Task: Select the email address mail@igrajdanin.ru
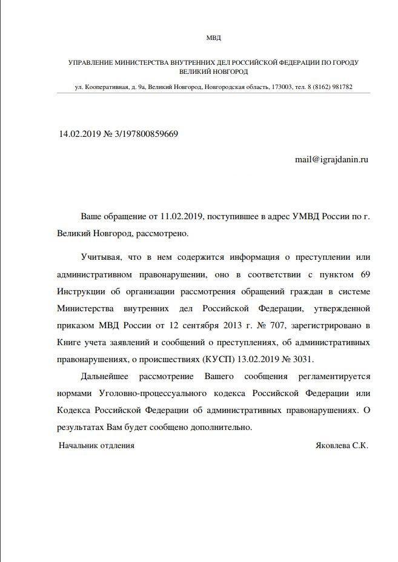click(x=331, y=159)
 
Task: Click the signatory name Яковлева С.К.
click(x=342, y=445)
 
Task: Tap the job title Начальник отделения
click(x=96, y=445)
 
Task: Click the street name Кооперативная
click(x=107, y=87)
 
